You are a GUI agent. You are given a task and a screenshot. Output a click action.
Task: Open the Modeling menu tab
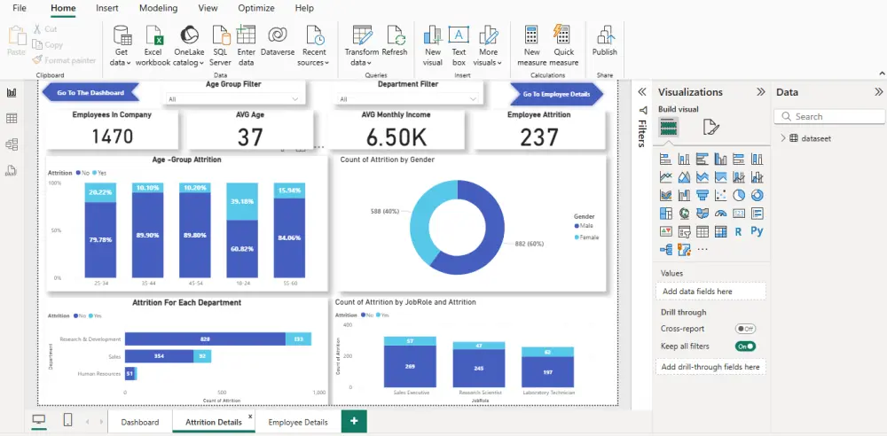pyautogui.click(x=158, y=8)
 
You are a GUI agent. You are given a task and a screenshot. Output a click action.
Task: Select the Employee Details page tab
pyautogui.click(x=298, y=422)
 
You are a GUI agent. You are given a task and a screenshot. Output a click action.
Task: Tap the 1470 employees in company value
pyautogui.click(x=112, y=136)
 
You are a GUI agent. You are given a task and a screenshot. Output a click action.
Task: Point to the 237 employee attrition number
pyautogui.click(x=539, y=136)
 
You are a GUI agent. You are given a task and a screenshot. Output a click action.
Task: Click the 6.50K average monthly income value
pyautogui.click(x=396, y=136)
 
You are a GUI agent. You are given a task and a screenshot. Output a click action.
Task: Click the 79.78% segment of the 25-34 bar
pyautogui.click(x=100, y=239)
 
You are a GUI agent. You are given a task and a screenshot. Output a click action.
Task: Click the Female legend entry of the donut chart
pyautogui.click(x=589, y=237)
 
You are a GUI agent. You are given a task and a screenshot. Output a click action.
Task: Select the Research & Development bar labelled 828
pyautogui.click(x=205, y=339)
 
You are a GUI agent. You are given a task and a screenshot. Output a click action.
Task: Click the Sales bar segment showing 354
pyautogui.click(x=160, y=355)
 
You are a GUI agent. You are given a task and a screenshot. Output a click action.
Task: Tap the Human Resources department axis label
pyautogui.click(x=98, y=373)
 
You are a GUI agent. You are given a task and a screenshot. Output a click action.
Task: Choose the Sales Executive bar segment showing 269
pyautogui.click(x=410, y=365)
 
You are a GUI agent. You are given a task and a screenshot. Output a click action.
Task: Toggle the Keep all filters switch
pyautogui.click(x=745, y=346)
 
